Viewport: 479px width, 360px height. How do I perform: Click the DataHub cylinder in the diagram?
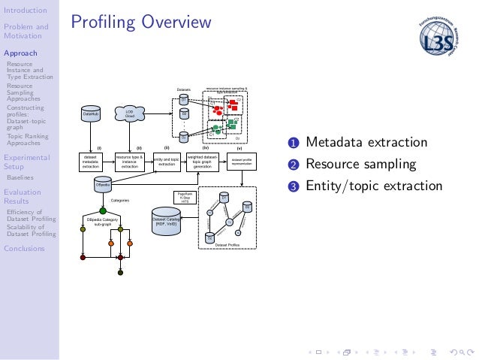(x=92, y=114)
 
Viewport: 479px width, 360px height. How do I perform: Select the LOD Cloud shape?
(x=129, y=113)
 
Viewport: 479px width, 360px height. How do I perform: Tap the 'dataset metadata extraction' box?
(x=92, y=162)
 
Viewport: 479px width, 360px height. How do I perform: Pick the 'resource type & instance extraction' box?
(x=129, y=162)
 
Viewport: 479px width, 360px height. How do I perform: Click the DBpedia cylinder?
(x=104, y=184)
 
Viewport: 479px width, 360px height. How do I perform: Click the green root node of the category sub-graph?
(x=104, y=212)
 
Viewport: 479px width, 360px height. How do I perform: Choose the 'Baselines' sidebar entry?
(x=20, y=178)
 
